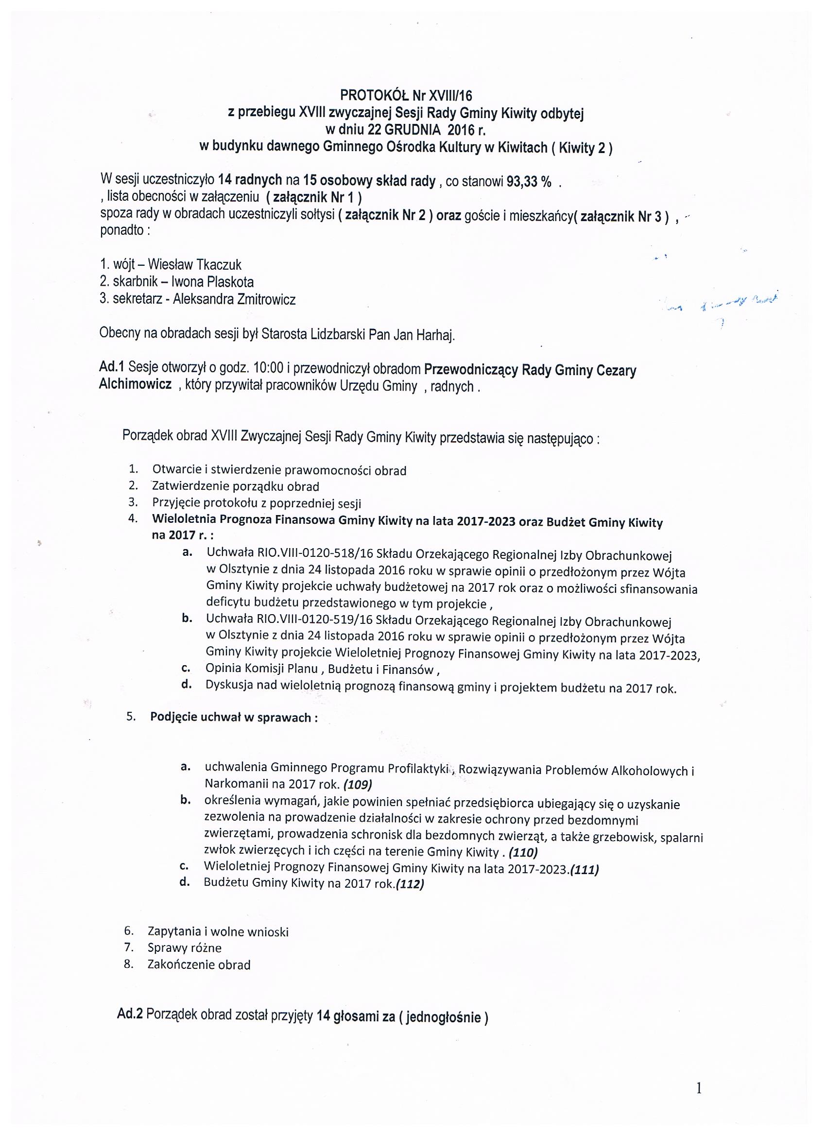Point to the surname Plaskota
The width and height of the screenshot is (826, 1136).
pyautogui.click(x=228, y=282)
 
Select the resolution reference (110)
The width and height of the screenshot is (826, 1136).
pyautogui.click(x=522, y=852)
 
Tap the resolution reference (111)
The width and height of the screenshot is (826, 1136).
pyautogui.click(x=584, y=870)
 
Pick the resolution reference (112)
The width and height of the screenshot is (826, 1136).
pyautogui.click(x=410, y=885)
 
